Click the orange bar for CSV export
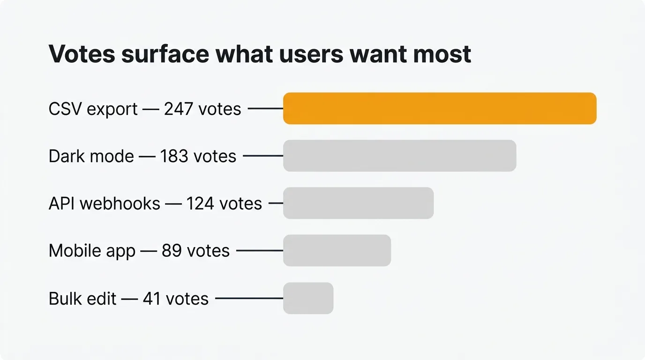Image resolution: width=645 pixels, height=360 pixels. click(x=440, y=109)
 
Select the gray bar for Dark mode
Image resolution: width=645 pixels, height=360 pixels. click(x=399, y=156)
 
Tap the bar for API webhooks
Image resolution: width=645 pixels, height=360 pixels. click(x=358, y=203)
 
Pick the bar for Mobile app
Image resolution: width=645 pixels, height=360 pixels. click(x=337, y=250)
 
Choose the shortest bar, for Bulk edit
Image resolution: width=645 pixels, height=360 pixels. click(x=308, y=298)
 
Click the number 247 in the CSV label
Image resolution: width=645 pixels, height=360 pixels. click(x=179, y=109)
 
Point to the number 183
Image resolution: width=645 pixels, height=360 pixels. click(x=174, y=156)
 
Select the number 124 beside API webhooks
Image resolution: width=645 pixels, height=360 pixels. click(x=201, y=203)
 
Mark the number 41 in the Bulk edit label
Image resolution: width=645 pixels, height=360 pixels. click(x=152, y=299)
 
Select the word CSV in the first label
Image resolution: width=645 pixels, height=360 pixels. click(x=65, y=109)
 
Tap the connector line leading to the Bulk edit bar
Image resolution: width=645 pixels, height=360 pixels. click(x=249, y=298)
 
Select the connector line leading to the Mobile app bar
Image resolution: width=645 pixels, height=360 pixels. click(x=259, y=251)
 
